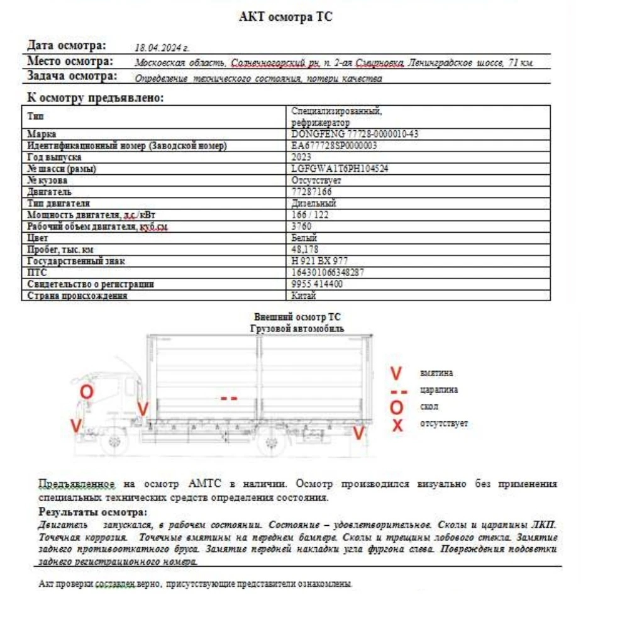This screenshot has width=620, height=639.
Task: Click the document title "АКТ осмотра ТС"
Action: (x=285, y=18)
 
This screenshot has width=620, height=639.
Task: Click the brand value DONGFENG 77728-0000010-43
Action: (x=346, y=134)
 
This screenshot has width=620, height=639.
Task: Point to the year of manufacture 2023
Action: (x=302, y=157)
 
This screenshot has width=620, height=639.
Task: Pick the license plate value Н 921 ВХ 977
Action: (x=320, y=261)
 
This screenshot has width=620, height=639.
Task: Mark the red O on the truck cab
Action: (x=87, y=391)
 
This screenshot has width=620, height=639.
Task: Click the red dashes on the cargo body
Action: (x=229, y=398)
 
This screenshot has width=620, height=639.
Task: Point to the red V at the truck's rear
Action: (x=358, y=433)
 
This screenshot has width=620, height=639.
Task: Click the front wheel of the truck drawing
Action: (x=114, y=441)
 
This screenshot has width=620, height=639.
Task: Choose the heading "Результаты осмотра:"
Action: (x=93, y=512)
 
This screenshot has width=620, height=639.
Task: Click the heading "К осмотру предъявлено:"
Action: (x=96, y=98)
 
